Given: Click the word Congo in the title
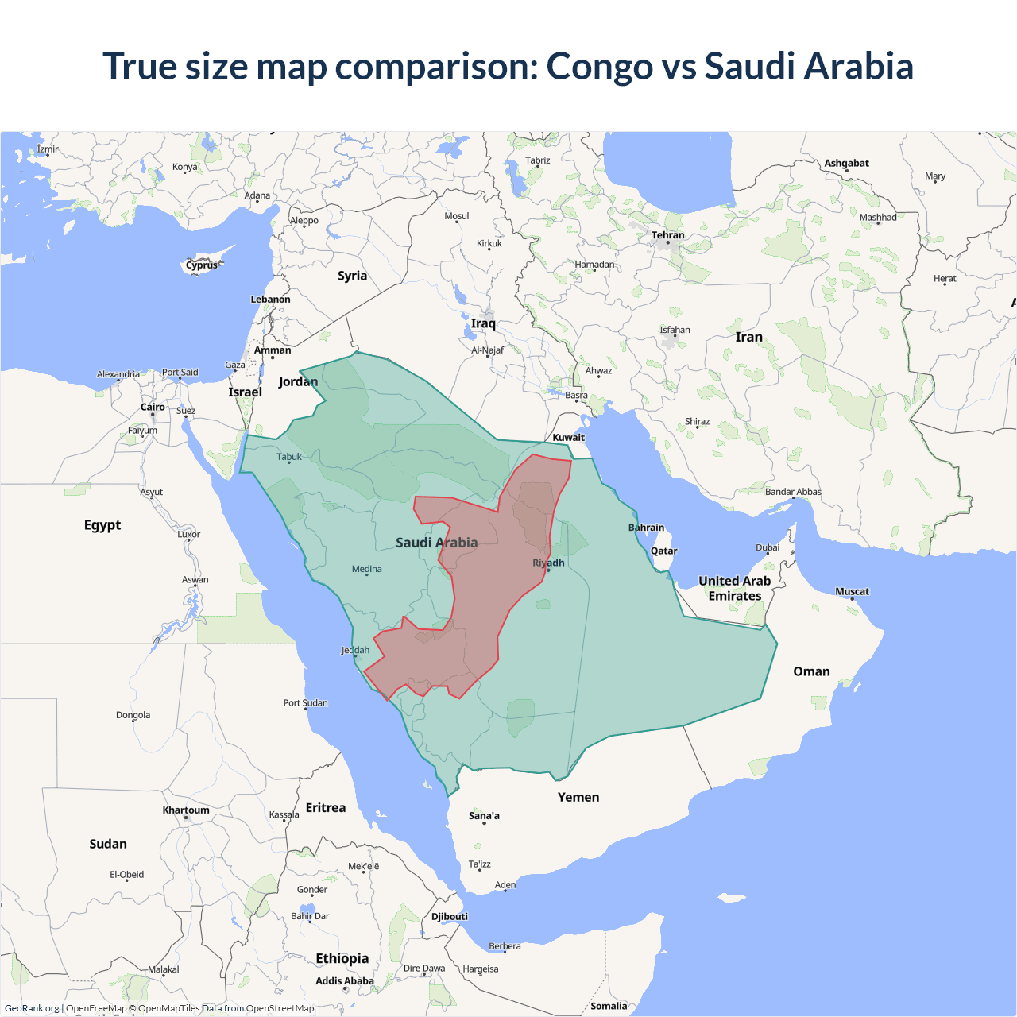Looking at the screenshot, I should click(x=599, y=67).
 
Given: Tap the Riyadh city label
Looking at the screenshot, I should click(x=548, y=563).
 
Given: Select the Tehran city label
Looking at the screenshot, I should click(x=667, y=235).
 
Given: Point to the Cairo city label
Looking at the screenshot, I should click(x=153, y=407).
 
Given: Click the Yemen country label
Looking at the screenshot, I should click(x=578, y=797).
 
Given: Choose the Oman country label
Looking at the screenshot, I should click(x=811, y=671).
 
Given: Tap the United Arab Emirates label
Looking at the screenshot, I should click(x=735, y=589).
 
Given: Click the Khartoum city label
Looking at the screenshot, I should click(x=186, y=810).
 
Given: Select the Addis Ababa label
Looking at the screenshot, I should click(x=344, y=981).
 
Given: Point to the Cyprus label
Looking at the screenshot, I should click(x=202, y=265).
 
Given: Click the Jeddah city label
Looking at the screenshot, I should click(x=355, y=650).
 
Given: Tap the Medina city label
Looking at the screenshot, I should click(x=366, y=569).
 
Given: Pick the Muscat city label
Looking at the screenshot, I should click(x=852, y=591).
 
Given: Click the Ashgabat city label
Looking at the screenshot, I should click(x=846, y=163).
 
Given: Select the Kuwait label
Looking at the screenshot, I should click(x=568, y=437).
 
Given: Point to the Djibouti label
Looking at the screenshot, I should click(x=450, y=916).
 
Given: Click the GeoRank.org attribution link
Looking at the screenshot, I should click(x=32, y=1008).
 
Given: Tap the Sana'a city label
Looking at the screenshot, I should click(x=484, y=816).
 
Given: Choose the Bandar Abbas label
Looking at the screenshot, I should click(x=793, y=492).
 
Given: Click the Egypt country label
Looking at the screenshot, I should click(x=102, y=525).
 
